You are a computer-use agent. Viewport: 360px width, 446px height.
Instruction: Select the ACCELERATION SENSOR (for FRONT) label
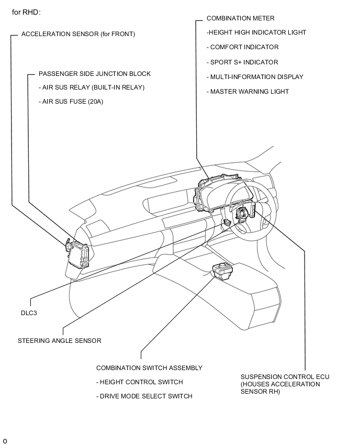[x=78, y=34]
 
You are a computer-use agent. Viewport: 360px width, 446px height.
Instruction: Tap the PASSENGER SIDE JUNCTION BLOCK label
[x=94, y=74]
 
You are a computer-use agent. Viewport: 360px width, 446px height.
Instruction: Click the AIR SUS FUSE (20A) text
[x=71, y=102]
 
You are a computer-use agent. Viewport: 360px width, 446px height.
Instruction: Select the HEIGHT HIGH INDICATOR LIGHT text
[x=256, y=32]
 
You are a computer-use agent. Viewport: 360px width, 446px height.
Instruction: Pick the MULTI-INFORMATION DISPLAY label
[x=255, y=77]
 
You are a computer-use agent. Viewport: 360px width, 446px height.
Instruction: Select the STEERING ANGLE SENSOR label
[x=59, y=341]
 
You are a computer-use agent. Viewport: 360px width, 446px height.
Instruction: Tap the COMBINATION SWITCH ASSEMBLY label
[x=149, y=368]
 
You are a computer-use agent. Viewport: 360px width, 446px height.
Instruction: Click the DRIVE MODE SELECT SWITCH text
[x=144, y=396]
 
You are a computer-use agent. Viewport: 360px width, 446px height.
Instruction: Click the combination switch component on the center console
[x=222, y=271]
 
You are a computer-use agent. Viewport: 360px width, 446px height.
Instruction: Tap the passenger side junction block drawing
[x=79, y=254]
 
